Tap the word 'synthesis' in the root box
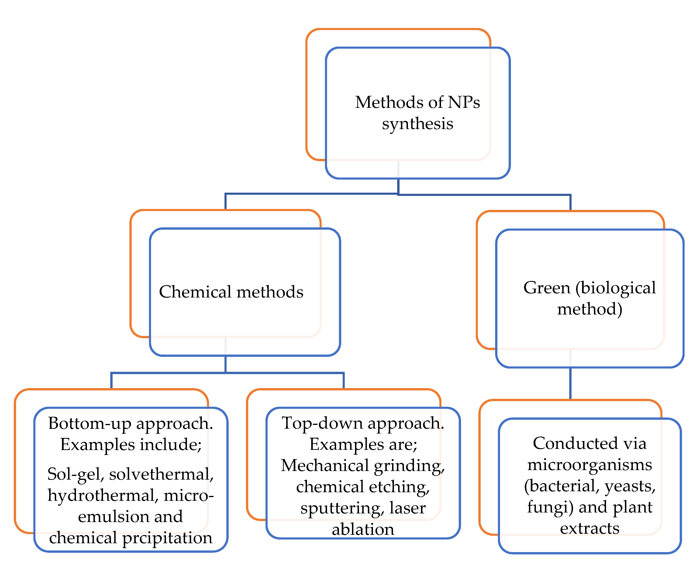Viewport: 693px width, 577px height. click(417, 124)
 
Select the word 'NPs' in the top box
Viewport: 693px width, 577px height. click(463, 102)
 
